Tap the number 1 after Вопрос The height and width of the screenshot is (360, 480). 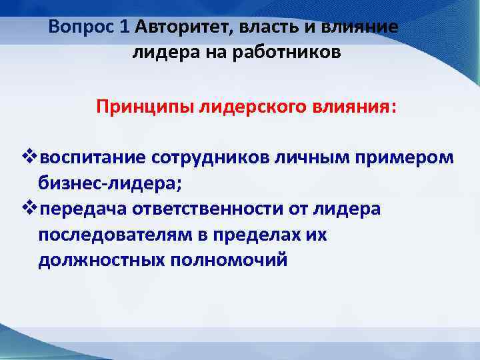pos(125,27)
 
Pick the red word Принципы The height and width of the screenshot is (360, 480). pos(145,107)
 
